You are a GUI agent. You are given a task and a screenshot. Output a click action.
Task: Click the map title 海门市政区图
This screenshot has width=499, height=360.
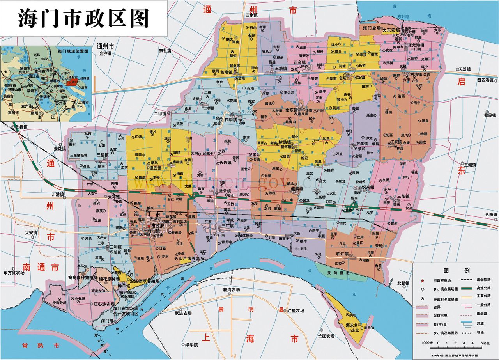pos(83,18)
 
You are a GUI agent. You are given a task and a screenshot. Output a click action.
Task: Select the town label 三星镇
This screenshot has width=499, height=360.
pos(102,155)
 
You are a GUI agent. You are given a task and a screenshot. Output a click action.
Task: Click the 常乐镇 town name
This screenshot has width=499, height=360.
pos(225,191)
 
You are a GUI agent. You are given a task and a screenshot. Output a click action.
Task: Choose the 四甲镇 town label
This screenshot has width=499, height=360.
pos(232,120)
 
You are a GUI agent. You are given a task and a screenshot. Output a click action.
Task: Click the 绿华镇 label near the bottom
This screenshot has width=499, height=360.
pos(192,344)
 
